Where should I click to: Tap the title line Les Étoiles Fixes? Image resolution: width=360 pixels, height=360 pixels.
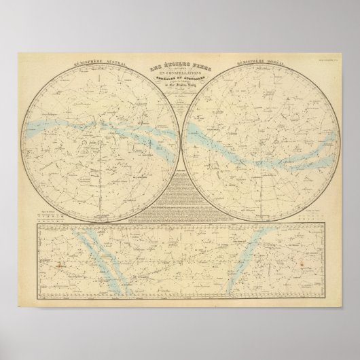click(x=179, y=67)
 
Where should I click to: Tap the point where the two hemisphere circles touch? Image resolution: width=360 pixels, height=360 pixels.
click(x=179, y=143)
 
